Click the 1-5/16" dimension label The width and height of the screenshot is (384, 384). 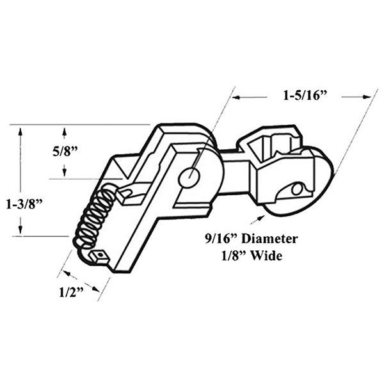(305, 97)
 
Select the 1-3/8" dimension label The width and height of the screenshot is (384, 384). (20, 205)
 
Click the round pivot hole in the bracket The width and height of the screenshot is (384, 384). (189, 177)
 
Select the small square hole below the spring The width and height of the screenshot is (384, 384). (99, 256)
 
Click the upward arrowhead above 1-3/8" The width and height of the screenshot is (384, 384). (21, 132)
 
